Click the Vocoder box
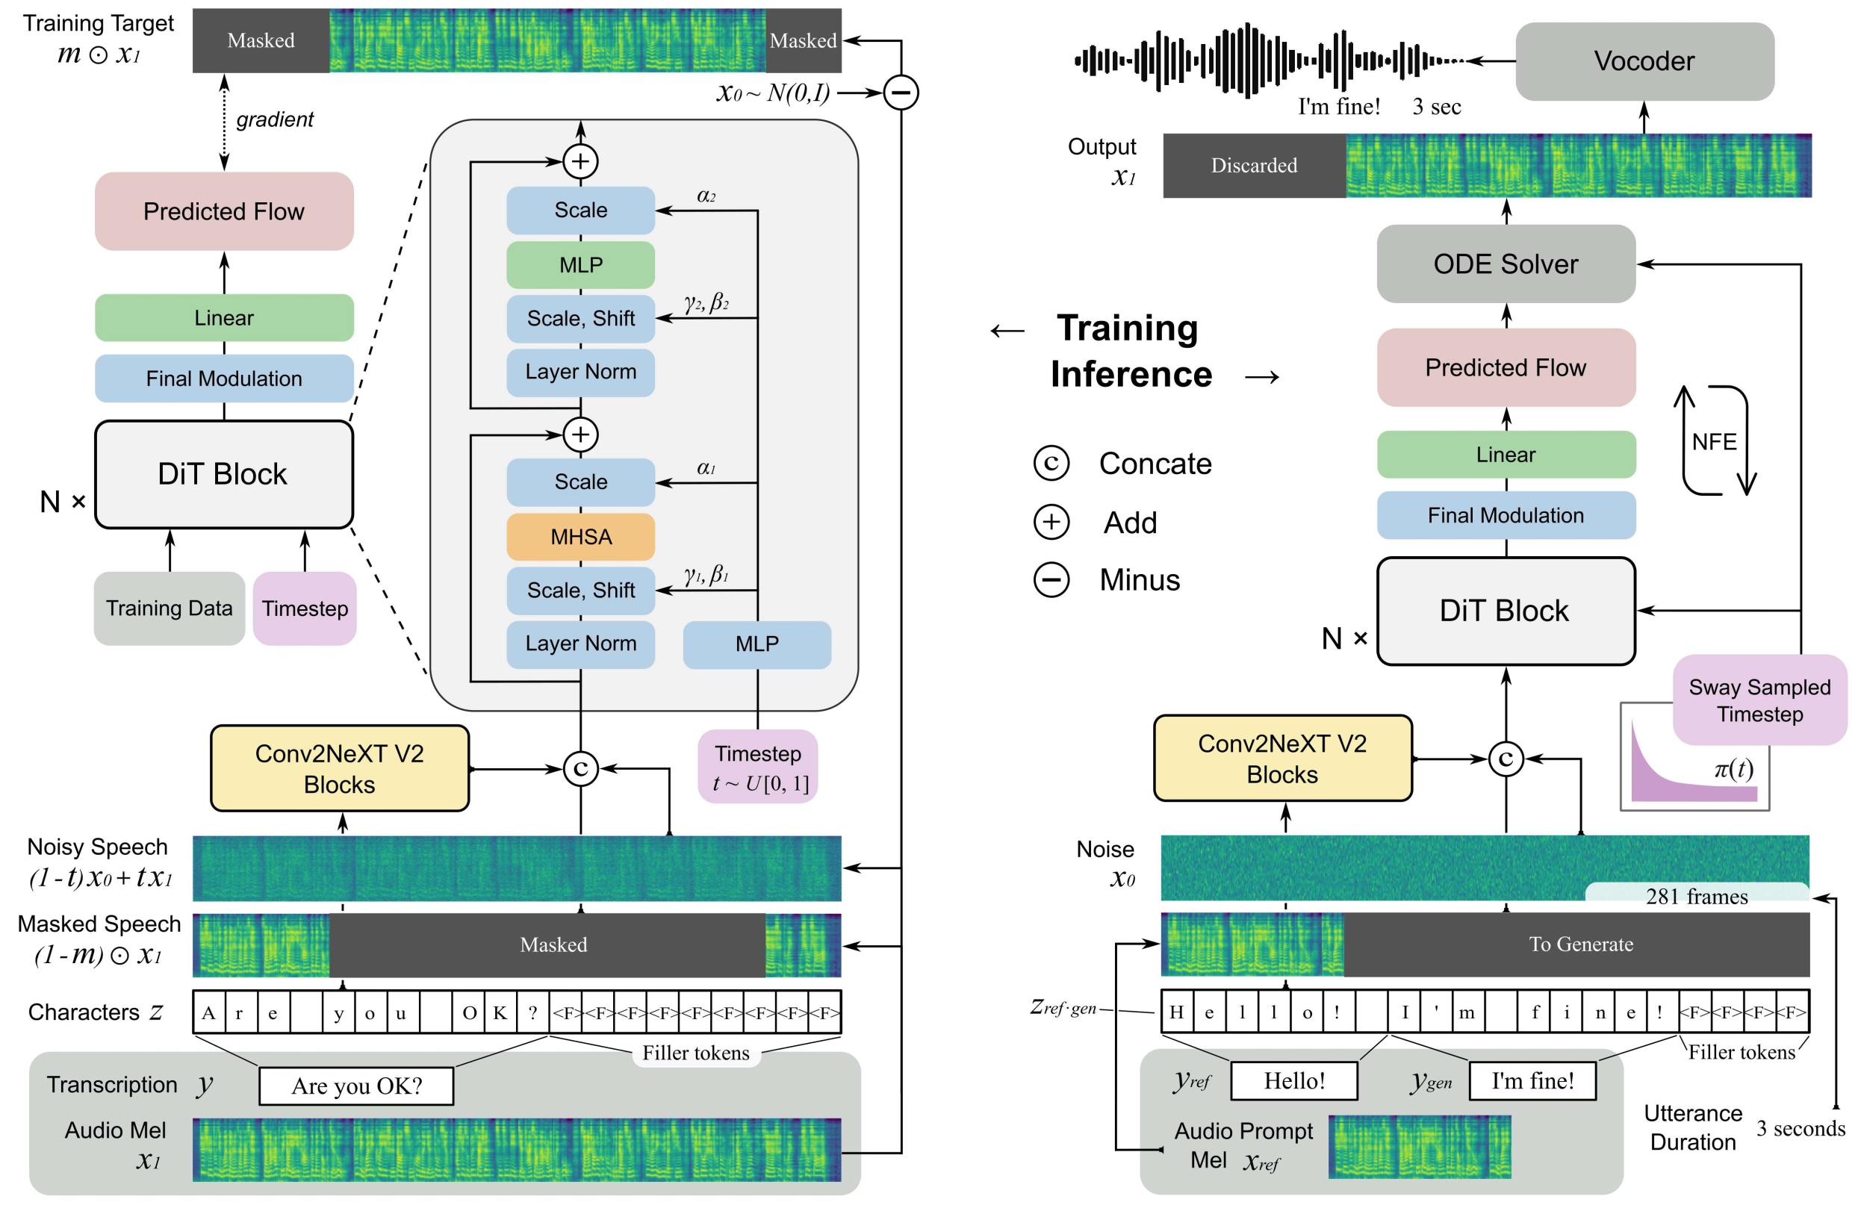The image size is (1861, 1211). (x=1644, y=61)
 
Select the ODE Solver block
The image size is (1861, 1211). (x=1506, y=264)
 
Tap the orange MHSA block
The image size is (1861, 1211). (x=580, y=537)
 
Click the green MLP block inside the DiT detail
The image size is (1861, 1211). (x=580, y=265)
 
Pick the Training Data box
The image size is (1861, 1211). (x=169, y=608)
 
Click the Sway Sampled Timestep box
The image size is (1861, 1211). (x=1759, y=700)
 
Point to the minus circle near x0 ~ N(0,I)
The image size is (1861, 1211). (x=901, y=93)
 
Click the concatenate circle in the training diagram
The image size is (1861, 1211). (x=580, y=769)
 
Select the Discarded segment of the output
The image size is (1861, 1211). (x=1253, y=166)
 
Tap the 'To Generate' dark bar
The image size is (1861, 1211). (x=1579, y=944)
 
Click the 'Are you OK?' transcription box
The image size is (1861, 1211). (x=356, y=1086)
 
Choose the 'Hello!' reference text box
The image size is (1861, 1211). (x=1294, y=1081)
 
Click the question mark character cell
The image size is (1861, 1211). (x=532, y=1013)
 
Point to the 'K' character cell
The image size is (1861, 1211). (x=500, y=1013)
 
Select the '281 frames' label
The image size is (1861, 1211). (x=1696, y=896)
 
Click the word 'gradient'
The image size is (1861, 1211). (x=275, y=119)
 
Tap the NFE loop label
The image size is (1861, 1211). (x=1714, y=442)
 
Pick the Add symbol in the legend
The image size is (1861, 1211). (x=1051, y=522)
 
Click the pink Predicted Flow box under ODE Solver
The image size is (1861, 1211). (x=1506, y=367)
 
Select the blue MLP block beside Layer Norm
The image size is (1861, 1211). (x=756, y=644)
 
